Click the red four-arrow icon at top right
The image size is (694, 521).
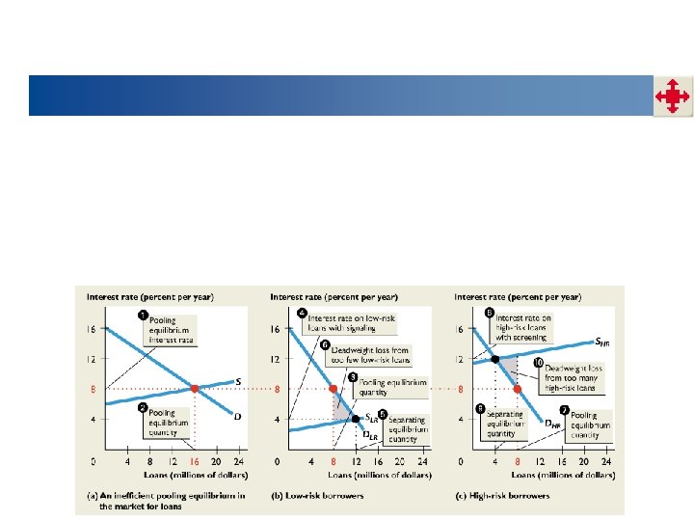671,96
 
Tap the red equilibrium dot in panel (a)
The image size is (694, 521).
194,389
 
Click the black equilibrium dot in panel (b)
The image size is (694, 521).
356,418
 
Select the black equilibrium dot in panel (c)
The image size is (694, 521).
496,359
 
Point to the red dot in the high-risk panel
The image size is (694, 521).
518,389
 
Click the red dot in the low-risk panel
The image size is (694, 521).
334,389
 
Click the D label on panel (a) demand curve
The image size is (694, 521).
237,416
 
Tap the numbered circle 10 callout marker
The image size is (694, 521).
539,363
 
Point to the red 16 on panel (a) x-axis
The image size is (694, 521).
194,459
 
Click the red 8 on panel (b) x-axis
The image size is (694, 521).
334,459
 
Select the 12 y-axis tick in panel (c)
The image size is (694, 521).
460,359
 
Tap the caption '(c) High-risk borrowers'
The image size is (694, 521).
503,495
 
